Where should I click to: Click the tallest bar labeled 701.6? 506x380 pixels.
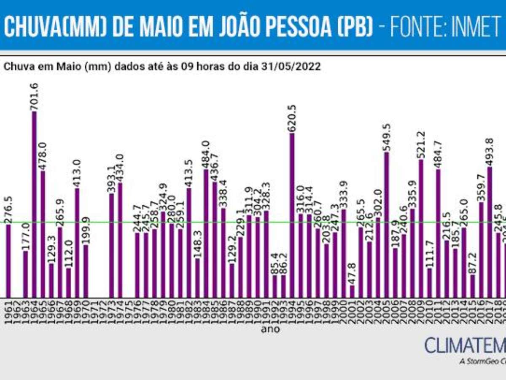[34, 204]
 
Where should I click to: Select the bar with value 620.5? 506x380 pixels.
[292, 215]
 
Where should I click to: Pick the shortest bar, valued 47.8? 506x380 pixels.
[353, 291]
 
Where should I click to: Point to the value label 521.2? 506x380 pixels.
[421, 145]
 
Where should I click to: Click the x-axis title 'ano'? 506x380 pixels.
[270, 329]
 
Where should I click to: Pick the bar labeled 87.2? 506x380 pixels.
[473, 286]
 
